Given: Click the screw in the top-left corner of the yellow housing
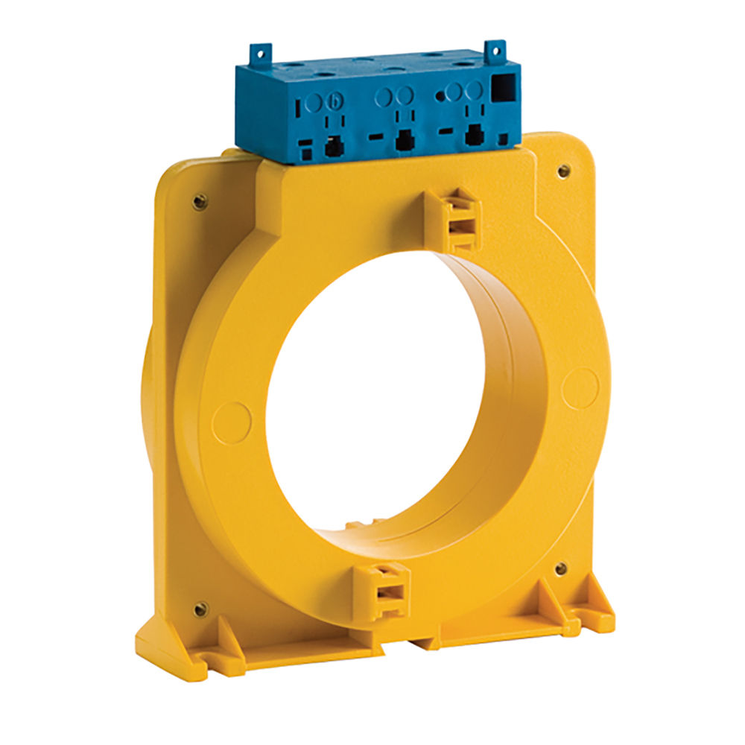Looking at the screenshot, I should tap(200, 201).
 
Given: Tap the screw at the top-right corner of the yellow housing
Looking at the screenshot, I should tap(564, 171).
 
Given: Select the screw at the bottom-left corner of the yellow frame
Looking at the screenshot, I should tap(200, 609).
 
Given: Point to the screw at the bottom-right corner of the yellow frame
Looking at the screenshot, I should tap(561, 569).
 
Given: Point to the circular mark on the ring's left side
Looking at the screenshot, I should tap(232, 422).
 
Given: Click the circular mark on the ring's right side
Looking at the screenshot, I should tap(580, 388).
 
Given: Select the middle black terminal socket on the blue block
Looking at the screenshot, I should tap(405, 140).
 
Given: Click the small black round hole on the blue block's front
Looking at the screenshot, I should tap(440, 95).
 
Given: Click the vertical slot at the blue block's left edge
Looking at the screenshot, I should tap(298, 106).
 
